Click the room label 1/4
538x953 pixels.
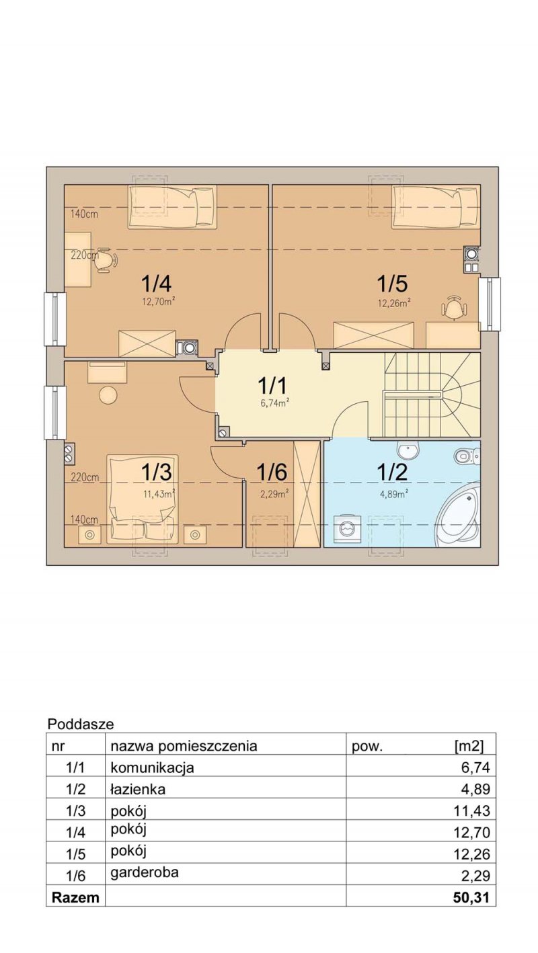[x=158, y=283]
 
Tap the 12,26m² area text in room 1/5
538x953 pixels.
[x=393, y=302]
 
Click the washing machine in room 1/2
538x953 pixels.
[x=346, y=529]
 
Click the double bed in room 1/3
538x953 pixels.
[x=142, y=499]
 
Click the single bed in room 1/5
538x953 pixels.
[x=436, y=206]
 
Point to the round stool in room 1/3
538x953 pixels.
[x=108, y=395]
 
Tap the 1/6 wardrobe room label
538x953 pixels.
[x=272, y=472]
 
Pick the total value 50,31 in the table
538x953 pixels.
[x=472, y=898]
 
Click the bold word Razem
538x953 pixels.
[x=75, y=898]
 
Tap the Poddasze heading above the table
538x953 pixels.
[x=81, y=724]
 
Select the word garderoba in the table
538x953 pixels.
[x=145, y=873]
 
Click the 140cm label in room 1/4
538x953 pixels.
[x=84, y=214]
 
